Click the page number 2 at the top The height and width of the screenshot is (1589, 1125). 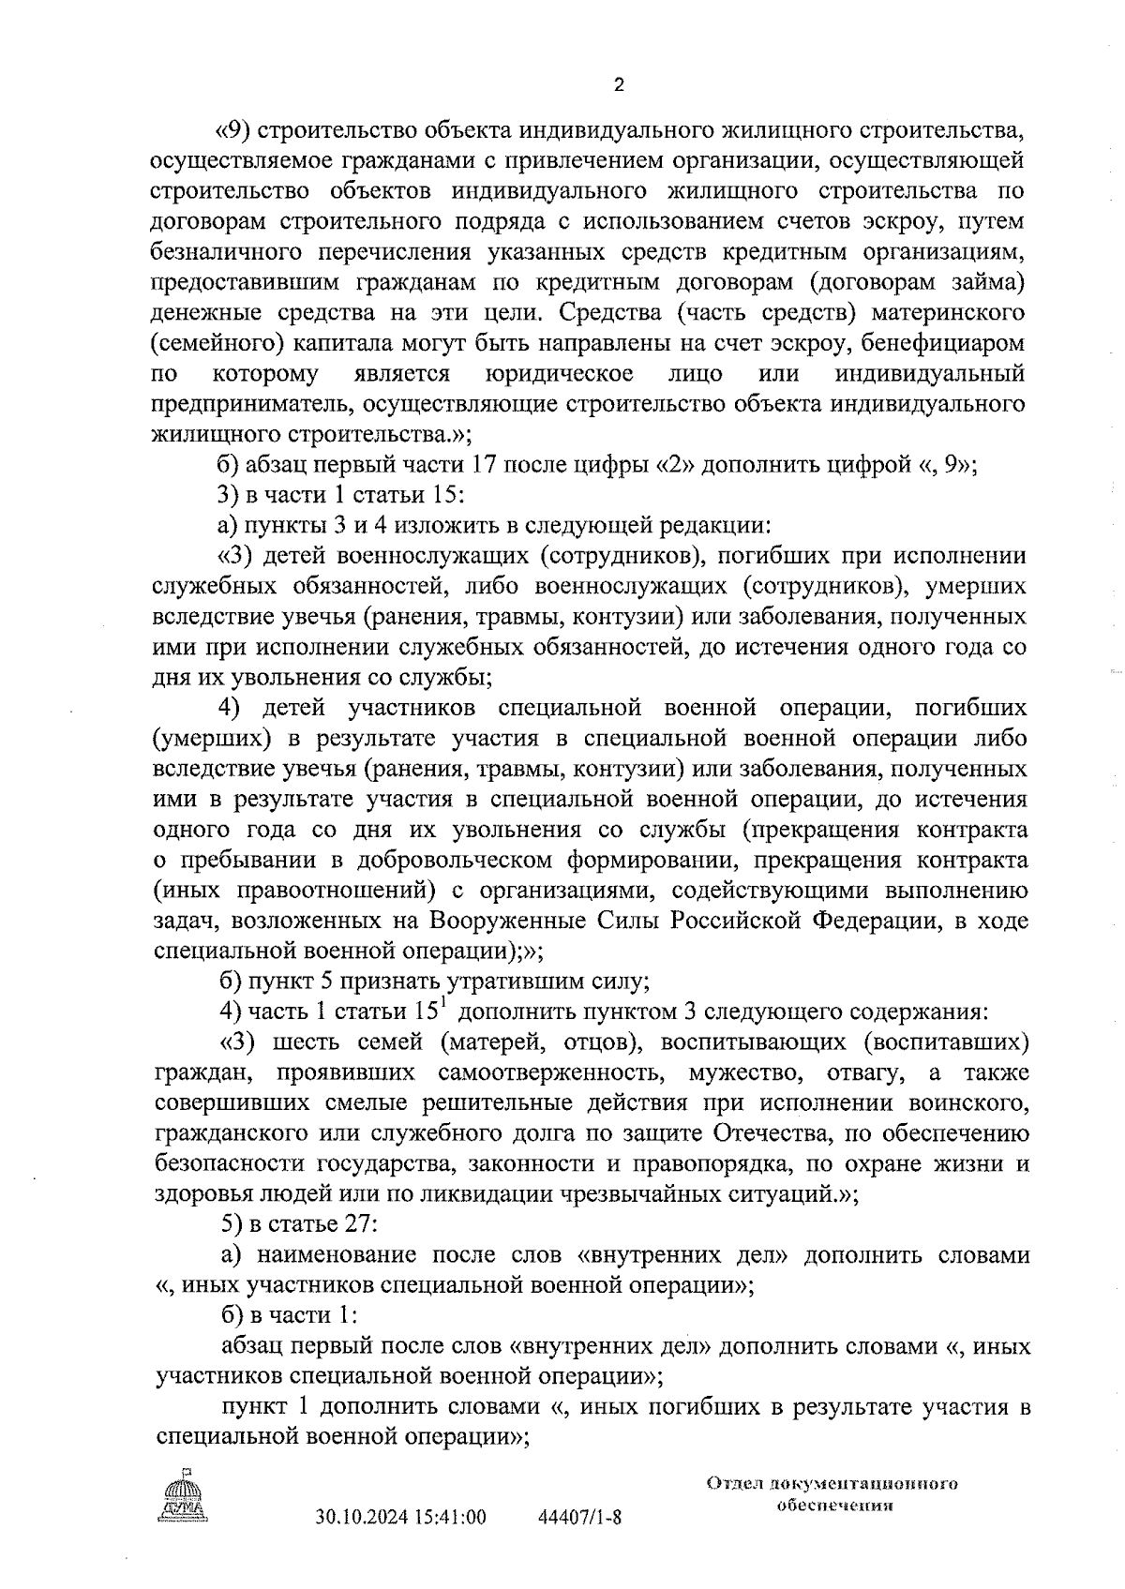pos(618,86)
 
